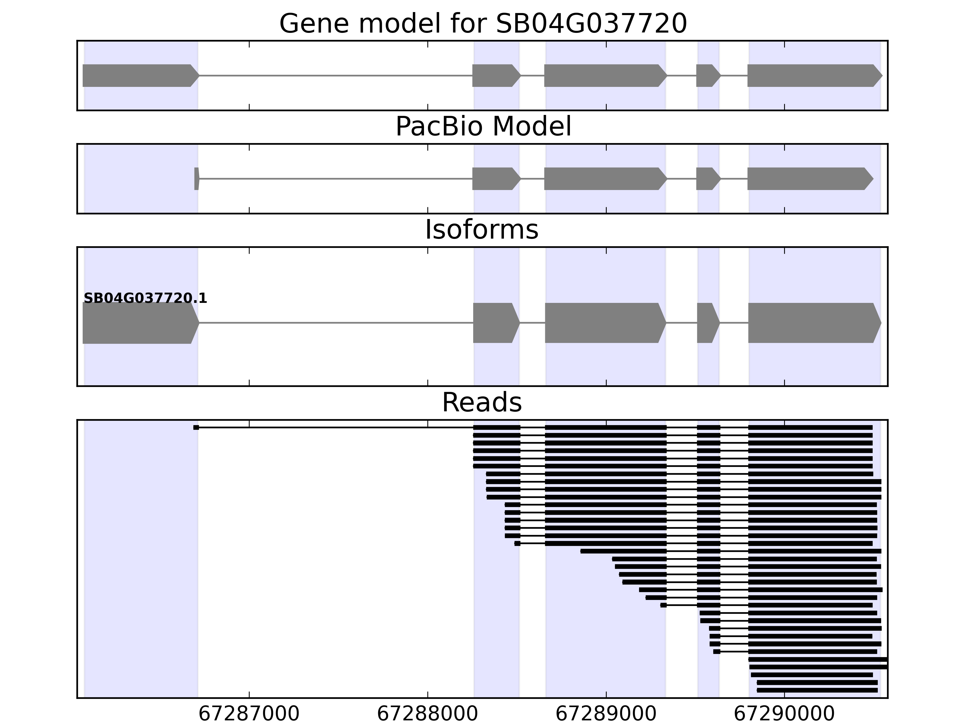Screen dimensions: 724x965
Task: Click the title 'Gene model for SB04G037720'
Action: (x=483, y=24)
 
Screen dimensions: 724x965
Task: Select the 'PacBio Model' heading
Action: (x=483, y=127)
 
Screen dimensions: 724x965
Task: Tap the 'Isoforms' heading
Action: (x=482, y=230)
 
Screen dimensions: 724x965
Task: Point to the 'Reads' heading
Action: (x=482, y=403)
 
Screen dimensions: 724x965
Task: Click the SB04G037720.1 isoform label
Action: (x=145, y=299)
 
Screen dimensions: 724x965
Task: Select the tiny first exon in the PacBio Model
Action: (x=196, y=179)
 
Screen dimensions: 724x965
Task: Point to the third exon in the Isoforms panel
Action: (x=604, y=323)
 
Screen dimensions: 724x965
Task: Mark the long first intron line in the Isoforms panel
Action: (x=336, y=323)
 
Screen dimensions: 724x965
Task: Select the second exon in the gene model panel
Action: (x=495, y=75)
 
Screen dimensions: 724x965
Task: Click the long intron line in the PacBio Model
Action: (x=336, y=179)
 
